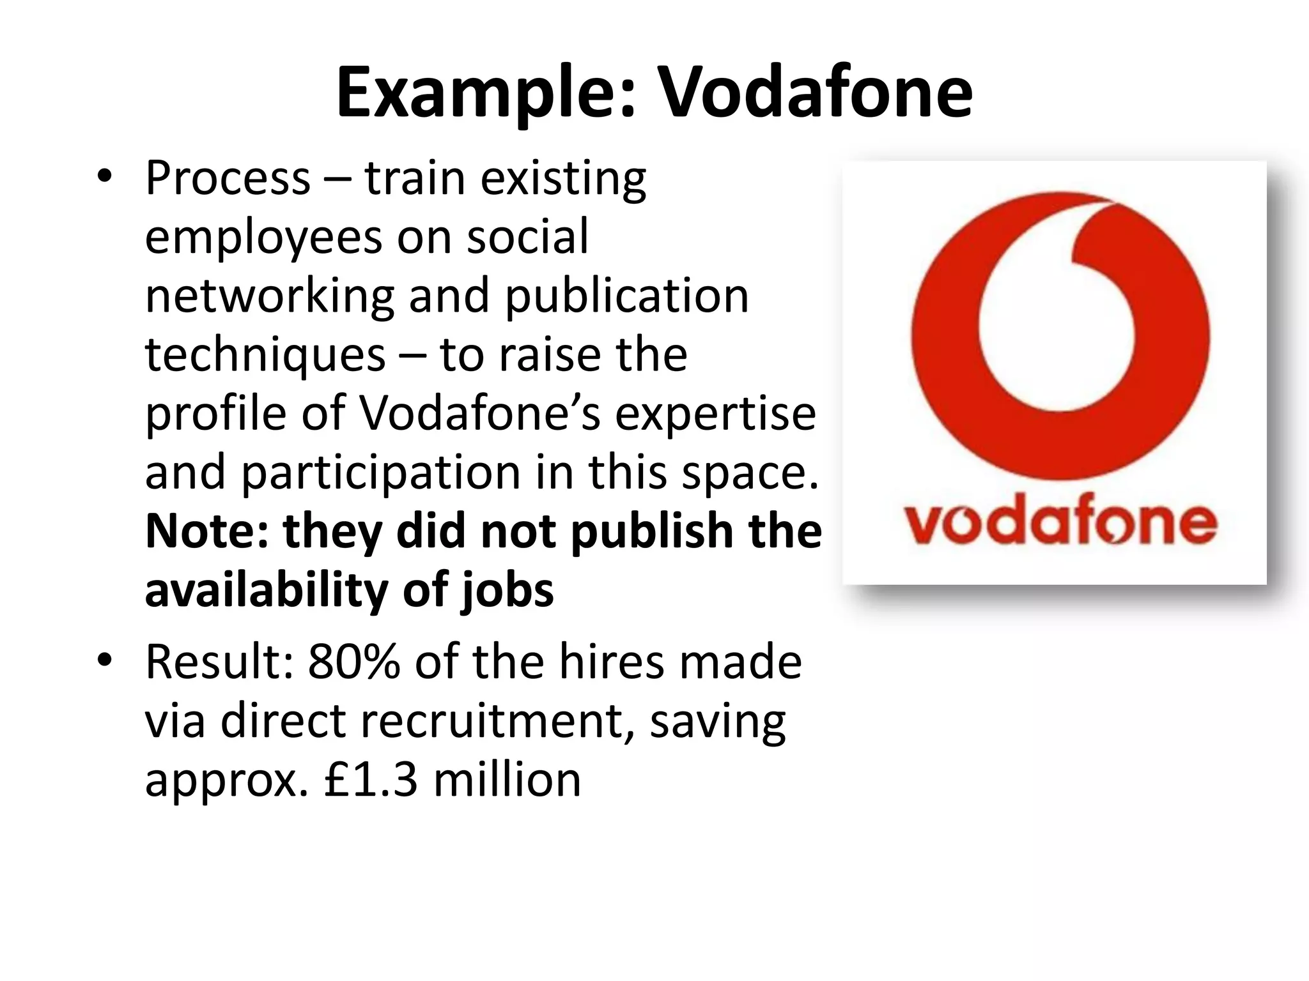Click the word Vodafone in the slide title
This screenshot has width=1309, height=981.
(815, 93)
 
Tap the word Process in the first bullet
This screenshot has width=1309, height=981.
(228, 179)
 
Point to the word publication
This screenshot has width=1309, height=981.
(626, 298)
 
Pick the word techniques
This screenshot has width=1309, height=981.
(265, 356)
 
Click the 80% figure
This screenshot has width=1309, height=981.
(353, 662)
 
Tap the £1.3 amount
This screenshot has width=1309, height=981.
(371, 780)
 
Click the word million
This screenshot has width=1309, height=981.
(507, 780)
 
